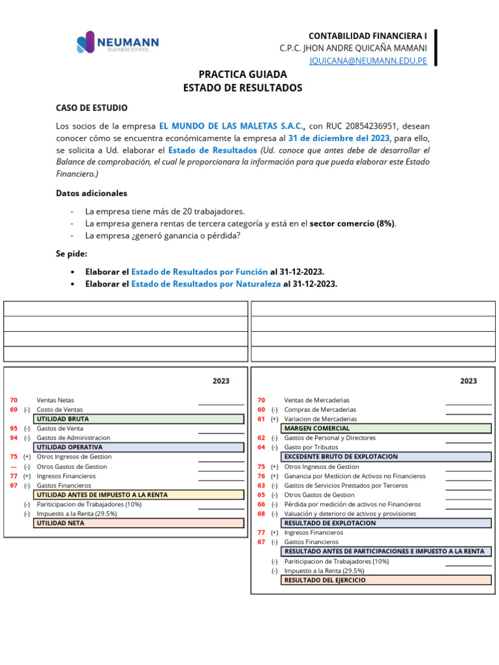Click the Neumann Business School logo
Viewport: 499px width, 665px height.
tap(118, 44)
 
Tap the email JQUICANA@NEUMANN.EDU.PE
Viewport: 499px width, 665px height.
tap(368, 60)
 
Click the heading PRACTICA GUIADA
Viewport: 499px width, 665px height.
tap(242, 75)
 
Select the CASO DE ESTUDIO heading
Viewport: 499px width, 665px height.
tap(92, 108)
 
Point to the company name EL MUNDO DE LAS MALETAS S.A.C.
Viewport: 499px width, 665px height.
tap(232, 125)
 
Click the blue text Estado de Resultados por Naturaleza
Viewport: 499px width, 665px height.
tap(206, 284)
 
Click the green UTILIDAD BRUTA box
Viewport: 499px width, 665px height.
tap(138, 419)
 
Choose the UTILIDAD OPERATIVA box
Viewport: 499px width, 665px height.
tap(138, 447)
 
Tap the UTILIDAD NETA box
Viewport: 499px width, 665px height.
tap(138, 523)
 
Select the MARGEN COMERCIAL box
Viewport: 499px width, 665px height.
tap(386, 429)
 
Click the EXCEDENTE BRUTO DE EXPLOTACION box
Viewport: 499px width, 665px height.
tap(386, 457)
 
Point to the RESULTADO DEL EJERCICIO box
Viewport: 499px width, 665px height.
tap(386, 580)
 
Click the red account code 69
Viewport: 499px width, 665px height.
tap(14, 410)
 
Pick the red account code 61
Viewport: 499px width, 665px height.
tap(261, 419)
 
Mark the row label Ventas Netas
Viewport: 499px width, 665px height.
tap(55, 400)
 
